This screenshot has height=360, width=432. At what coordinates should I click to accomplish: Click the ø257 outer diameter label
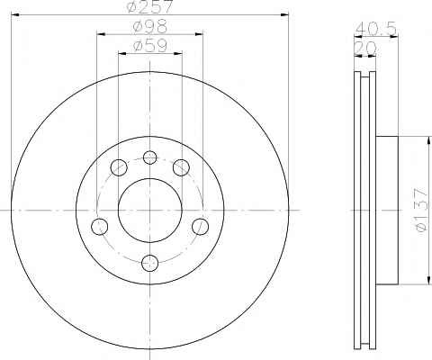150,6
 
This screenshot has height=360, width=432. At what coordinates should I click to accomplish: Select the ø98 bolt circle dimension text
150,27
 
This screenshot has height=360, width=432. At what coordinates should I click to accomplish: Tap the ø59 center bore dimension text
150,46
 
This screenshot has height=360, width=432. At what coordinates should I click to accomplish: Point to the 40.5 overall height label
376,29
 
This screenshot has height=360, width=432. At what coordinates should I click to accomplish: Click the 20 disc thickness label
365,48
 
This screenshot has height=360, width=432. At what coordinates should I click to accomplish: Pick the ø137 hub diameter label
420,210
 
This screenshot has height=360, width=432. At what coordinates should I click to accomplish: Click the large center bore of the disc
150,211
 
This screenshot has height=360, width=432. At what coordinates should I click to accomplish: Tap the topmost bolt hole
150,157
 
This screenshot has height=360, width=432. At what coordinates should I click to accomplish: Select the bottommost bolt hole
150,263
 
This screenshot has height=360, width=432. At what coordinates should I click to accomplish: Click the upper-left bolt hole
119,167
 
